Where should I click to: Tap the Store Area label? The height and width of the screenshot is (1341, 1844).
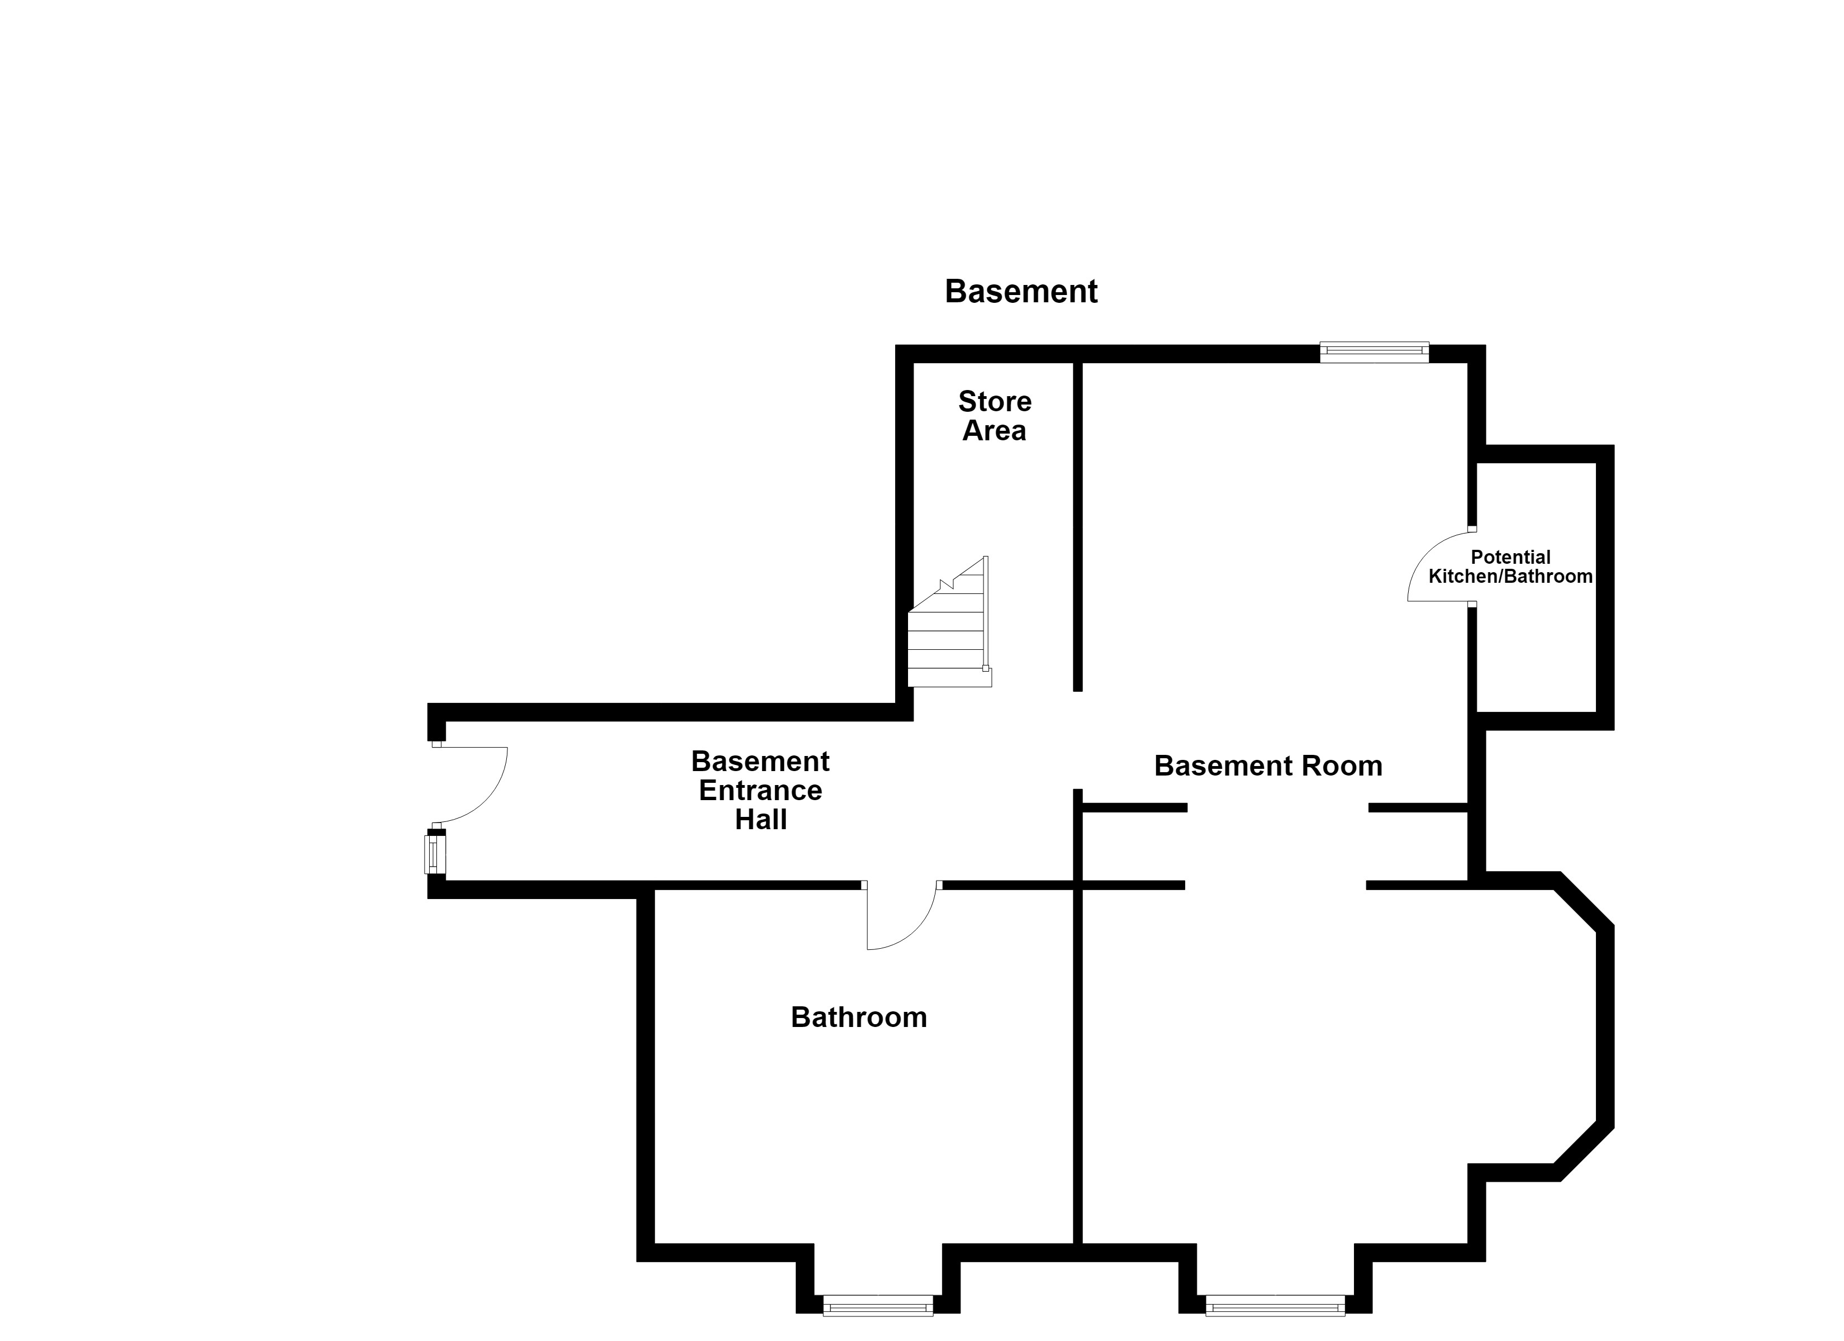(x=994, y=416)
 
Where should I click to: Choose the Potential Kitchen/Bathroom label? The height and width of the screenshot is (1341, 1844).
(x=1510, y=567)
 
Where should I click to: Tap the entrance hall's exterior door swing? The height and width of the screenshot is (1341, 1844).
(x=470, y=784)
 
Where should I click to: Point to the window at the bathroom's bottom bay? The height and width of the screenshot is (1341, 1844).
(x=878, y=1305)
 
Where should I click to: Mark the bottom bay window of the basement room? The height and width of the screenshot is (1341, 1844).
(x=1275, y=1305)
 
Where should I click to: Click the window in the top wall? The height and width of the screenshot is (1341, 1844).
(x=1374, y=352)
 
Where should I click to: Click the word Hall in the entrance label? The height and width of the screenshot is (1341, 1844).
(x=761, y=819)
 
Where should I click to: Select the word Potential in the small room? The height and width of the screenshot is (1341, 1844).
(x=1510, y=557)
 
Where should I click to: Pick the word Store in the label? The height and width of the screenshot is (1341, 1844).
(x=994, y=401)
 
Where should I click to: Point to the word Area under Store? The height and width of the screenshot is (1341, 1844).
(x=994, y=430)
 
